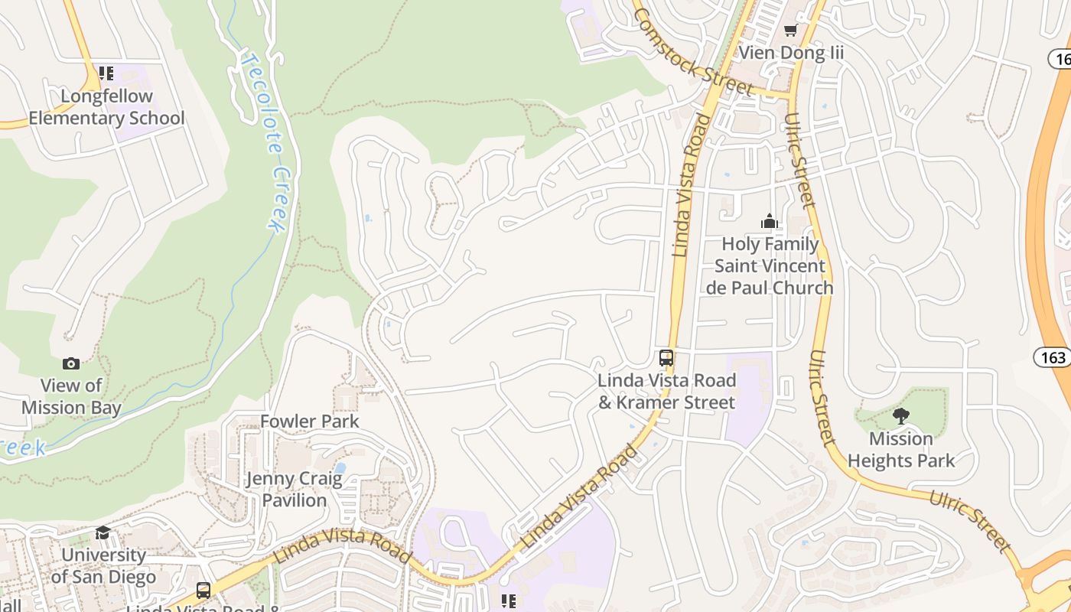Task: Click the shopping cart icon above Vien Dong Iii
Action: (790, 31)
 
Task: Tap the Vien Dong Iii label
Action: (791, 53)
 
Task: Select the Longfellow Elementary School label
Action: (106, 107)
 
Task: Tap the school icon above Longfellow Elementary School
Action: (106, 73)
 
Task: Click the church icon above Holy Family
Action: (770, 222)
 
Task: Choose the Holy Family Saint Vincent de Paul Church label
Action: (770, 266)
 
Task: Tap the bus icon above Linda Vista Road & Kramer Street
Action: (666, 358)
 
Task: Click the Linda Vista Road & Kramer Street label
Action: (666, 391)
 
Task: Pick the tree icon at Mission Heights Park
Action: (901, 416)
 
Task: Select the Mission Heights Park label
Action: (901, 450)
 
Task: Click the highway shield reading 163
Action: (1053, 356)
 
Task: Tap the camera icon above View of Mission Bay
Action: (71, 363)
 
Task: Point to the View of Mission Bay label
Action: (71, 396)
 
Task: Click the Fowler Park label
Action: (310, 422)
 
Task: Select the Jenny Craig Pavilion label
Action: (295, 490)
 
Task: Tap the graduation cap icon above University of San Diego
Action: (103, 532)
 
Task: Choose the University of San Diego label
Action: (103, 566)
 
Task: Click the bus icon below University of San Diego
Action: (203, 591)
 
